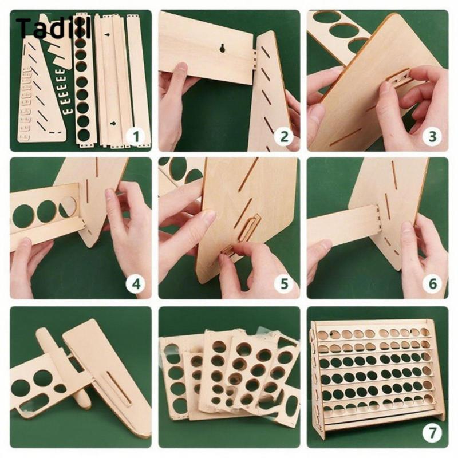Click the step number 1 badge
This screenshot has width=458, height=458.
[136, 136]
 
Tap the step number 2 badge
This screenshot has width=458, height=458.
[284, 136]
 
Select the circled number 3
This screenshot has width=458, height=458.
[432, 136]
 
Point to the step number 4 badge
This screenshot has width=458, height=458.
[136, 283]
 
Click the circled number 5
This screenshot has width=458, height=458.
[284, 283]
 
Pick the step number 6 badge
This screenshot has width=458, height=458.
[432, 283]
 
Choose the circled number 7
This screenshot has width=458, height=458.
[432, 433]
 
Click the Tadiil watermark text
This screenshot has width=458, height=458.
[53, 28]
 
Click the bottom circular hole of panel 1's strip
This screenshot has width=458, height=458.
[84, 135]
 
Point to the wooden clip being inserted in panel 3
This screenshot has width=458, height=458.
[398, 77]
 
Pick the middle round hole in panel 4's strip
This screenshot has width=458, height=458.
[47, 211]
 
